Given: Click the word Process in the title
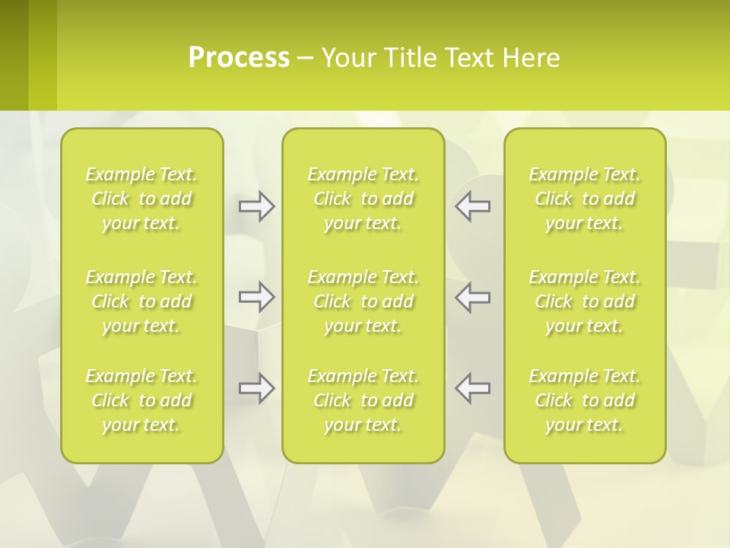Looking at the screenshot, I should click(239, 58).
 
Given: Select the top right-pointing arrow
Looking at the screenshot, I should click(256, 206).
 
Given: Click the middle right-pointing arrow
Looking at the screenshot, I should click(256, 297).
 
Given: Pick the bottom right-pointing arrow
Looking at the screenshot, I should click(256, 388).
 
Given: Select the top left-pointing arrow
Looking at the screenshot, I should click(472, 206).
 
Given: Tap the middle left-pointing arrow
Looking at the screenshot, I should click(472, 297).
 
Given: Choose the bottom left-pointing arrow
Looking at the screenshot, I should click(472, 388).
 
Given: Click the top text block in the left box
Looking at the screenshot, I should click(141, 199).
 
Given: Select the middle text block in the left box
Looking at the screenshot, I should click(141, 301).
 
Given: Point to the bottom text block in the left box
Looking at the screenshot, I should click(141, 400).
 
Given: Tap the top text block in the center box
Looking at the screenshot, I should click(363, 199).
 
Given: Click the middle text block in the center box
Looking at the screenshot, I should click(363, 301).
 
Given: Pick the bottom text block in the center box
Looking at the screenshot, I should click(363, 400).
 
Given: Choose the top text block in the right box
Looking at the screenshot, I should click(585, 199).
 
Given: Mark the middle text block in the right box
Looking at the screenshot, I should click(585, 301).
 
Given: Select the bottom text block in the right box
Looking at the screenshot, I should click(585, 400).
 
